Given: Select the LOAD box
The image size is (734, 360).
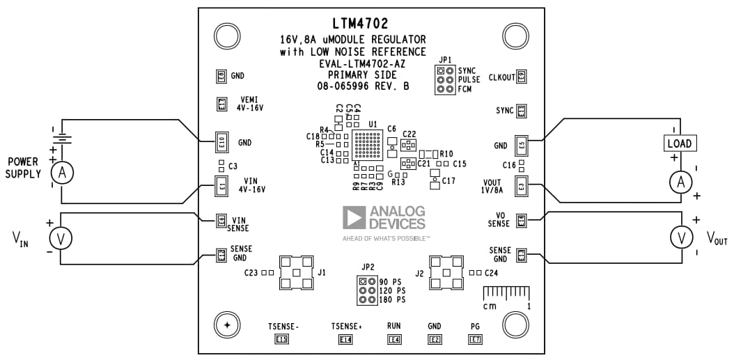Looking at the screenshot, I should (x=679, y=143).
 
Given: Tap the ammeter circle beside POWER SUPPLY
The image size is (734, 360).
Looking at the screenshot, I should (x=61, y=173).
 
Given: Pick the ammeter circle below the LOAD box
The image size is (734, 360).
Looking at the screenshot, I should (x=680, y=182).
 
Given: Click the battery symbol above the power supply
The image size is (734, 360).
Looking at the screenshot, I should (x=61, y=137).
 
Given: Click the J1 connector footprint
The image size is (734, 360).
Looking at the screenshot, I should (x=296, y=273).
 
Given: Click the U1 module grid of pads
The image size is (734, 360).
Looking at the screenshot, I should (x=367, y=147).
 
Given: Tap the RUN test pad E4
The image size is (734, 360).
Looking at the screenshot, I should (x=395, y=340).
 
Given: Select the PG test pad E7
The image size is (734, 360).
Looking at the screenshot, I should (x=476, y=340).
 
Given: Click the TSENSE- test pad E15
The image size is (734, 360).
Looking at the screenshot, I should (x=282, y=340).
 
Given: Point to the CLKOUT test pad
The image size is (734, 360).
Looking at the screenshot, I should (x=521, y=77).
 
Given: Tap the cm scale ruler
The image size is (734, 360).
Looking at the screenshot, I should (x=506, y=292).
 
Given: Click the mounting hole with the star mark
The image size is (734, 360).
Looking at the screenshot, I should (x=226, y=324).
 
